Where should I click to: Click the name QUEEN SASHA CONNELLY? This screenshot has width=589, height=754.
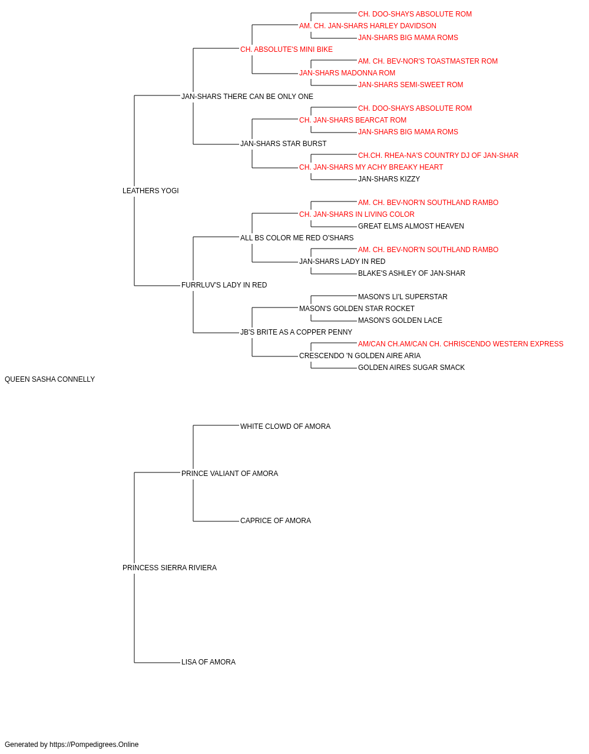(x=49, y=379)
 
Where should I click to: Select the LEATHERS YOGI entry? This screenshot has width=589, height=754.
(x=151, y=191)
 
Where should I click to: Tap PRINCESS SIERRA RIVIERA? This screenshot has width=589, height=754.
(x=170, y=568)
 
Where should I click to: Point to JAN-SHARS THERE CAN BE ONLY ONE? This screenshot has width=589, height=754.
(x=247, y=97)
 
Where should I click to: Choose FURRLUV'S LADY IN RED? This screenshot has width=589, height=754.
(x=224, y=285)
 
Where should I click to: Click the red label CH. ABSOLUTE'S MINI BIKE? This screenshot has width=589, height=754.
(x=286, y=49)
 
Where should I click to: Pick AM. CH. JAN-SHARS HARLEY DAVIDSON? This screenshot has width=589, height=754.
(x=368, y=26)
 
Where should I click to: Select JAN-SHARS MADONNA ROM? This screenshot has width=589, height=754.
(x=348, y=73)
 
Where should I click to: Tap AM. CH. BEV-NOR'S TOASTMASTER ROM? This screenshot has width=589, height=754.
(x=428, y=61)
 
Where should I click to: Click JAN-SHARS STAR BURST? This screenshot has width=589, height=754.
(x=283, y=144)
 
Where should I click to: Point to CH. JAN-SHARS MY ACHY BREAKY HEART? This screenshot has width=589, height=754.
(x=371, y=167)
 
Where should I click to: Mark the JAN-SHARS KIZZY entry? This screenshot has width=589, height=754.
(x=389, y=179)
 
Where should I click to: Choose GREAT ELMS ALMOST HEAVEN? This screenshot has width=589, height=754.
(x=411, y=226)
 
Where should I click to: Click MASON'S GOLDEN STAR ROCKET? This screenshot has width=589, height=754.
(x=357, y=309)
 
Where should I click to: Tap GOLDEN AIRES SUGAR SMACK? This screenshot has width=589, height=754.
(x=411, y=368)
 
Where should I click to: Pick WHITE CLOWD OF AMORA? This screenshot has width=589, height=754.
(x=286, y=426)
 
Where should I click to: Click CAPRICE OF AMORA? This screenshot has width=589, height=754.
(x=276, y=521)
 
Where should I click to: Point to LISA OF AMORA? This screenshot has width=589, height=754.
(x=209, y=662)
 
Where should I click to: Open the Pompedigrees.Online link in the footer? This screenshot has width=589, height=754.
(x=94, y=745)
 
